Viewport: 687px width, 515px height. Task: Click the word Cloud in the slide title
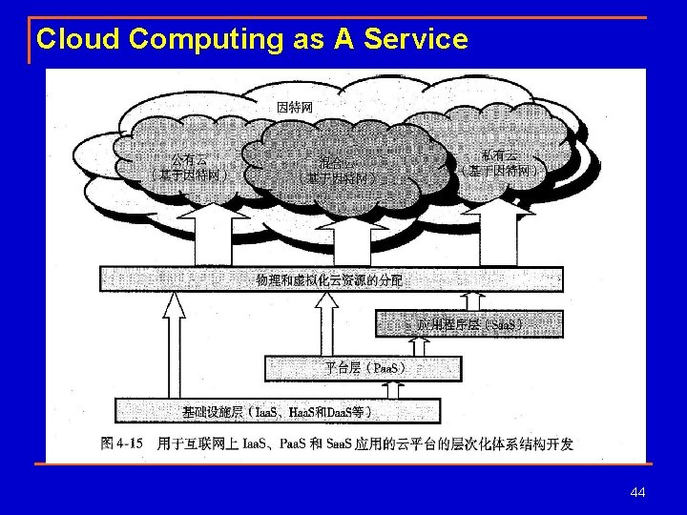78,39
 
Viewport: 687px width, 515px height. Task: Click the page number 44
638,492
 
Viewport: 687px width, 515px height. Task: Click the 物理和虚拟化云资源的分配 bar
329,279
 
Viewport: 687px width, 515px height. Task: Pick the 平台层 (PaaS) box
363,367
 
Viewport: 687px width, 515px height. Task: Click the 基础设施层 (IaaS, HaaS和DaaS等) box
277,412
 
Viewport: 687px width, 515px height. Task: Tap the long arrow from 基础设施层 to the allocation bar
174,343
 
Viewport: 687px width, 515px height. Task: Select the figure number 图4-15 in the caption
122,443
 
